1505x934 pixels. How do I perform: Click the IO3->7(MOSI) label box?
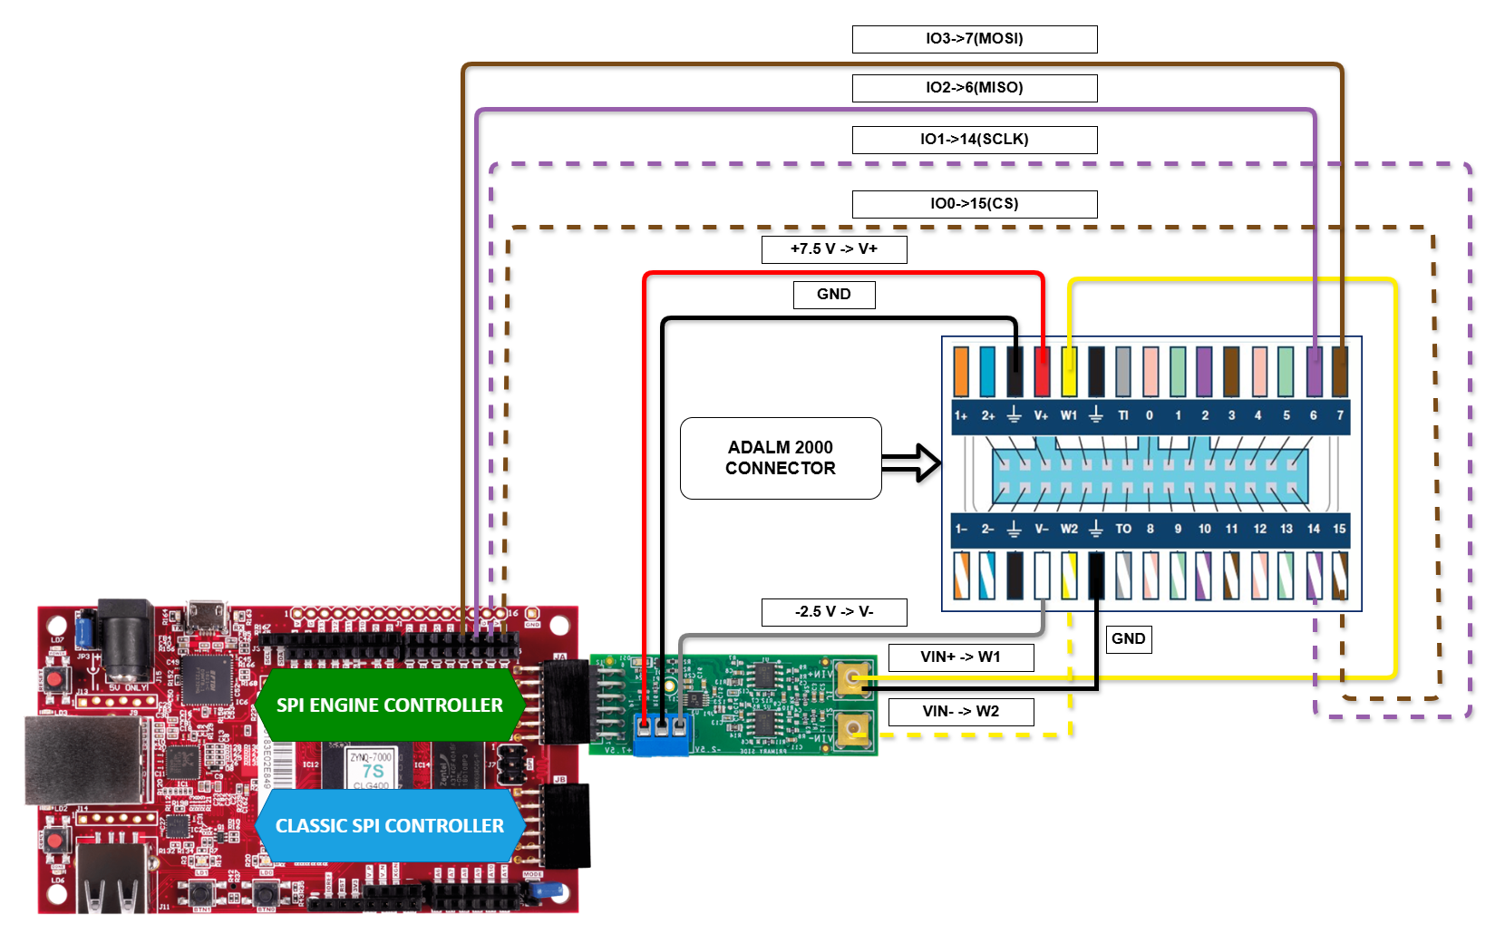point(975,39)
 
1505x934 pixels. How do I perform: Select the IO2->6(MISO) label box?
point(975,88)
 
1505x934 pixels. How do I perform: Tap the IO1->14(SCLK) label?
point(975,140)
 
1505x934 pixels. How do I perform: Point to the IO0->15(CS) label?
point(975,204)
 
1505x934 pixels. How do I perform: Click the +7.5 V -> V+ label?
point(834,249)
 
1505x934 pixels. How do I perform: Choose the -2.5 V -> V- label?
point(834,612)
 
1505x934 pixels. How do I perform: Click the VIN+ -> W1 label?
point(961,657)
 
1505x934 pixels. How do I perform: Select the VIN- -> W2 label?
point(961,712)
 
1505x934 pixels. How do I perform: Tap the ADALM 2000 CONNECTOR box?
point(781,458)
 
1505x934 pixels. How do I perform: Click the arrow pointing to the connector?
point(911,462)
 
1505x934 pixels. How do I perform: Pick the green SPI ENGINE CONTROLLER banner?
point(390,705)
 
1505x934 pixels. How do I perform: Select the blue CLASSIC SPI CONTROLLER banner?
point(390,826)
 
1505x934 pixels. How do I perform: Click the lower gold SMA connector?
point(852,729)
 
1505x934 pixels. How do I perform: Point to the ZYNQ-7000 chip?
point(371,767)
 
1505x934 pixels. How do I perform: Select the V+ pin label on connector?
point(1041,415)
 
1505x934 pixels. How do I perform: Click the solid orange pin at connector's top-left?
point(961,372)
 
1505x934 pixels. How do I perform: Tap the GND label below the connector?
point(1129,639)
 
